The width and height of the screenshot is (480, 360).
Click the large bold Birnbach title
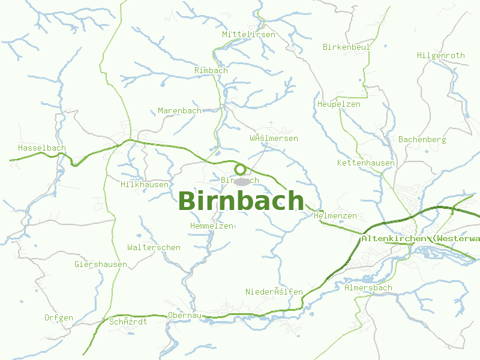click(x=241, y=201)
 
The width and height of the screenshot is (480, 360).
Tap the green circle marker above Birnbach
click(x=241, y=169)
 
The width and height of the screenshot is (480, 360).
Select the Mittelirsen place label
click(x=248, y=35)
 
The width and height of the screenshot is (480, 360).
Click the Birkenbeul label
click(x=346, y=47)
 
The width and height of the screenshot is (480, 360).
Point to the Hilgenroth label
click(x=440, y=56)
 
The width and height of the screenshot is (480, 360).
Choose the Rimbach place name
click(x=211, y=71)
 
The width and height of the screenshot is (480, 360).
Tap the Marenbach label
click(x=179, y=111)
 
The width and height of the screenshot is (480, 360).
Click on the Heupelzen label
click(x=339, y=104)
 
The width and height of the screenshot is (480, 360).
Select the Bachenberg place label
click(x=422, y=140)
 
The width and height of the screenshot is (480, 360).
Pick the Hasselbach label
click(x=42, y=148)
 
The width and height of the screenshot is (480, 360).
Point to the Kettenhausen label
click(x=366, y=163)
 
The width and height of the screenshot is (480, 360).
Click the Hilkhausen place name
click(x=145, y=185)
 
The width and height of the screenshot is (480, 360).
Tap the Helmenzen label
click(x=335, y=216)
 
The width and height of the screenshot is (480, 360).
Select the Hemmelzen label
click(x=211, y=226)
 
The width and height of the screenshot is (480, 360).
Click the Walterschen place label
click(x=154, y=248)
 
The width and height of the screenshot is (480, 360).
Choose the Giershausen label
click(x=101, y=265)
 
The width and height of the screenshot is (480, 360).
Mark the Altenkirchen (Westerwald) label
click(x=420, y=239)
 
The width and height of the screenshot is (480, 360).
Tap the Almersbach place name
click(x=368, y=288)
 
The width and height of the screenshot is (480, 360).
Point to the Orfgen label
click(x=59, y=318)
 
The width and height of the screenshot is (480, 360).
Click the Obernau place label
click(x=184, y=315)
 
